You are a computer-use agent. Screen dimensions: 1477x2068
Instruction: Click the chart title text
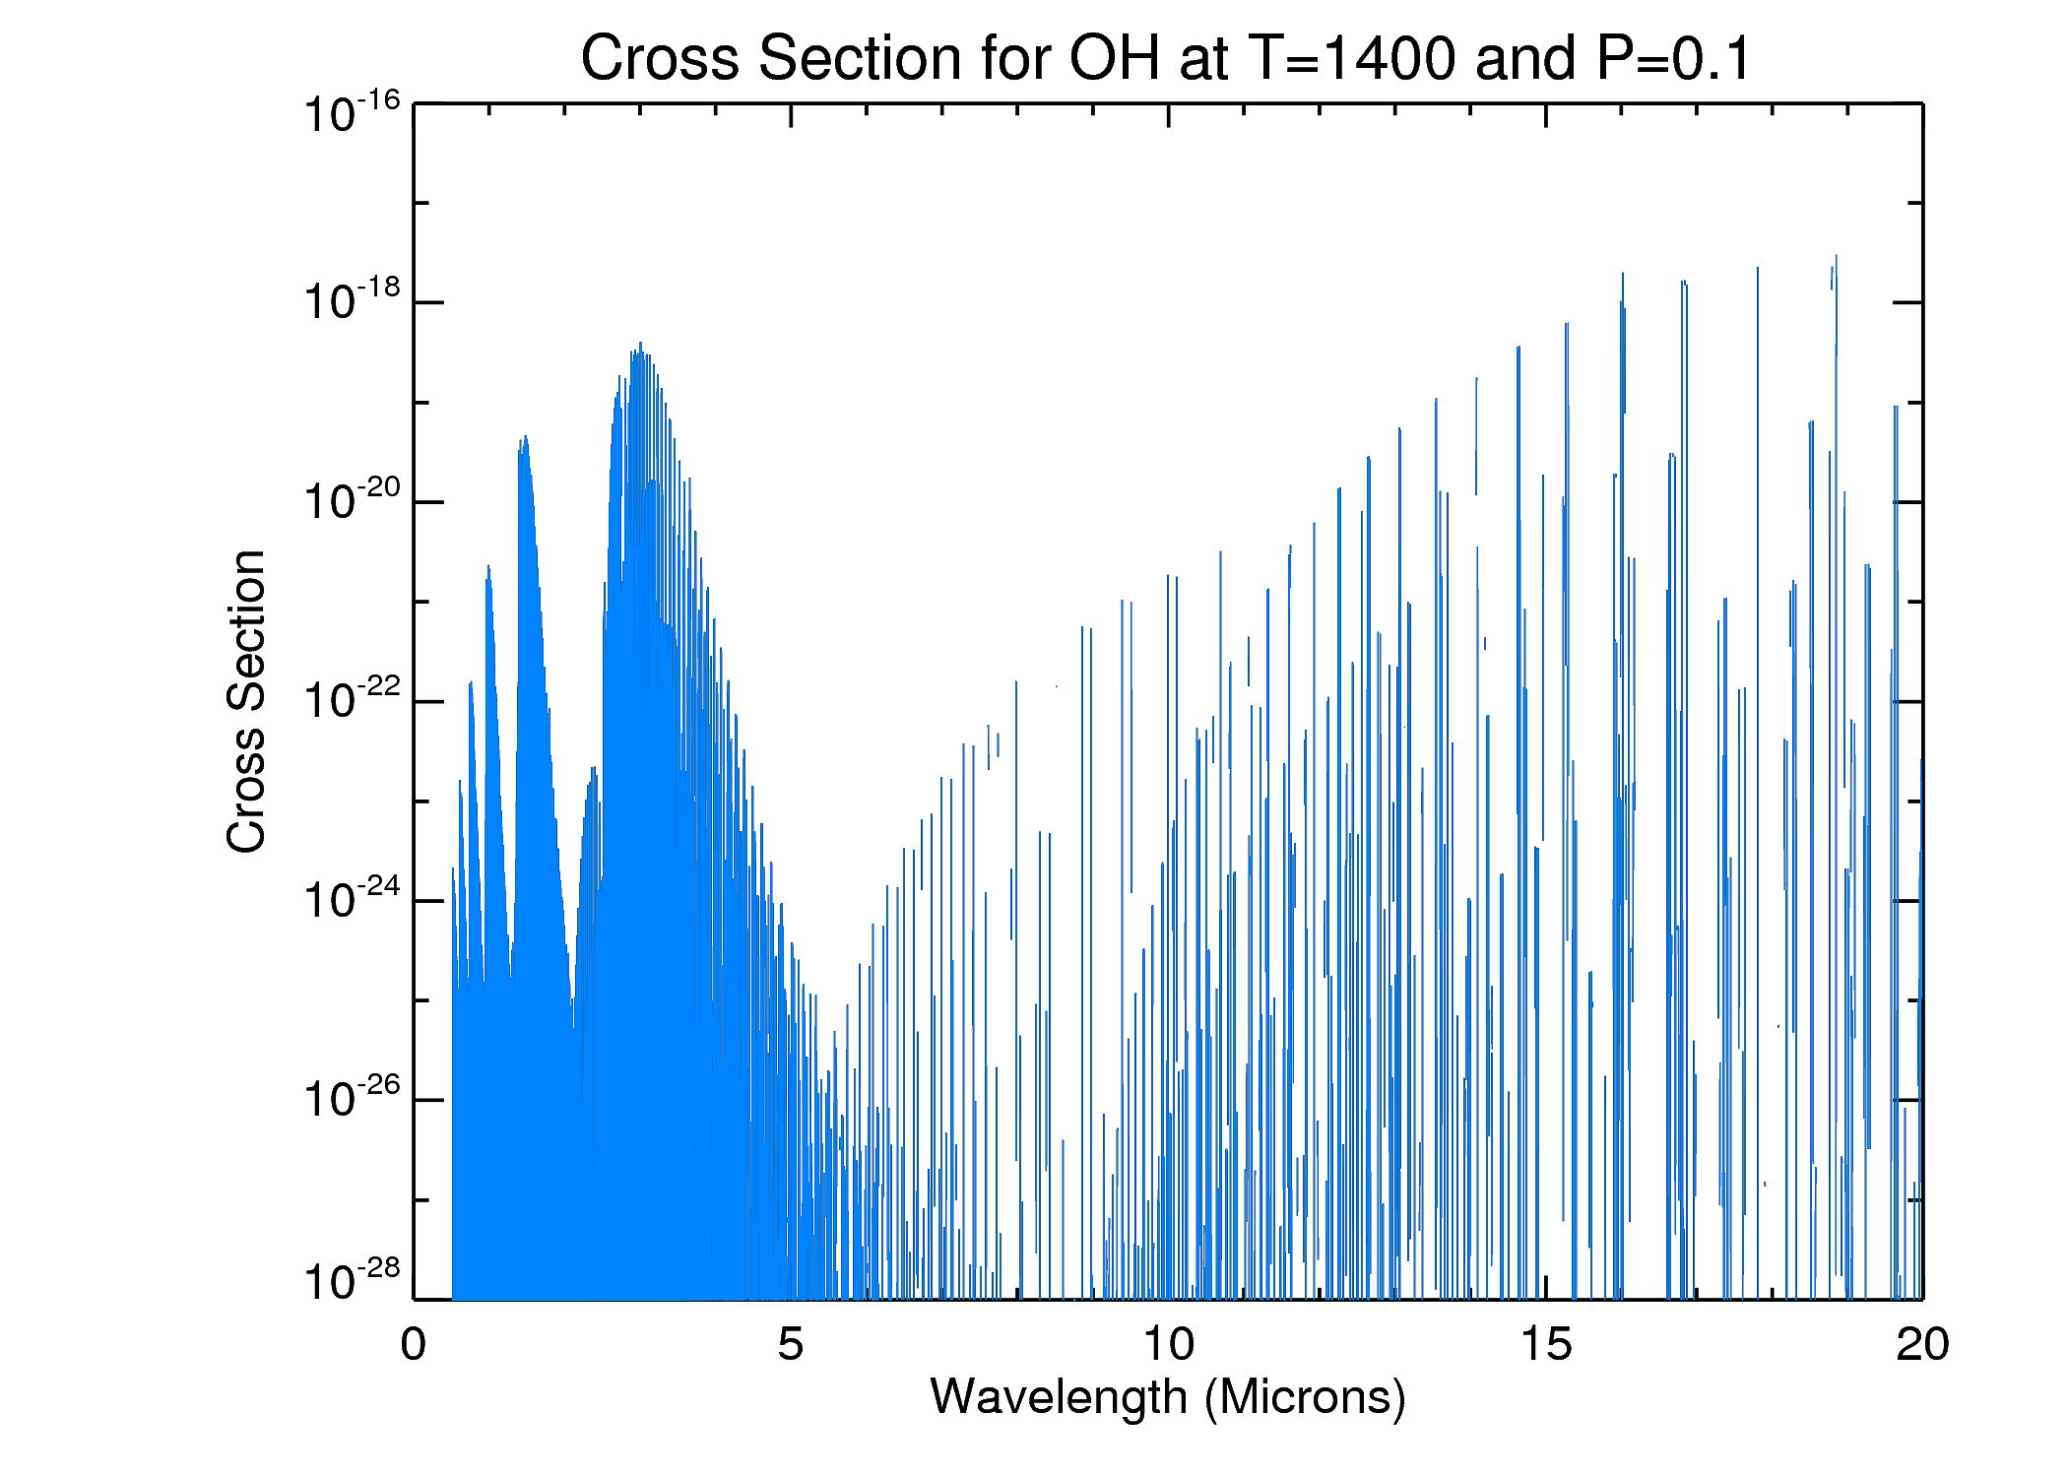(x=1166, y=59)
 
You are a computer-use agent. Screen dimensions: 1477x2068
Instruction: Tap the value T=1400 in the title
(x=1351, y=59)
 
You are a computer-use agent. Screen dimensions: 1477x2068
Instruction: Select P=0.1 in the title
(x=1674, y=59)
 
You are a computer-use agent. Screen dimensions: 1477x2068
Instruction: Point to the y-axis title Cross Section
(x=246, y=701)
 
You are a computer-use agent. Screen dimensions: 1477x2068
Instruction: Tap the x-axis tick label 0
(x=414, y=1345)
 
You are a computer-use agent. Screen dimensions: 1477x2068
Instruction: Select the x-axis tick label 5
(x=790, y=1345)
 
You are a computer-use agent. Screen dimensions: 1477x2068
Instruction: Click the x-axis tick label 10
(x=1168, y=1345)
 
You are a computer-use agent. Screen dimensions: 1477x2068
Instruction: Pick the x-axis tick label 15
(x=1545, y=1345)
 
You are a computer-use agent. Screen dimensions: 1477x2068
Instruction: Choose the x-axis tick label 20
(x=1922, y=1345)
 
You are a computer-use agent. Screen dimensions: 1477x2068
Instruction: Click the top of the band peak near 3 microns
(x=640, y=345)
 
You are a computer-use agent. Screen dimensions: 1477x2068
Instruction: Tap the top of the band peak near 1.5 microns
(x=526, y=437)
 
